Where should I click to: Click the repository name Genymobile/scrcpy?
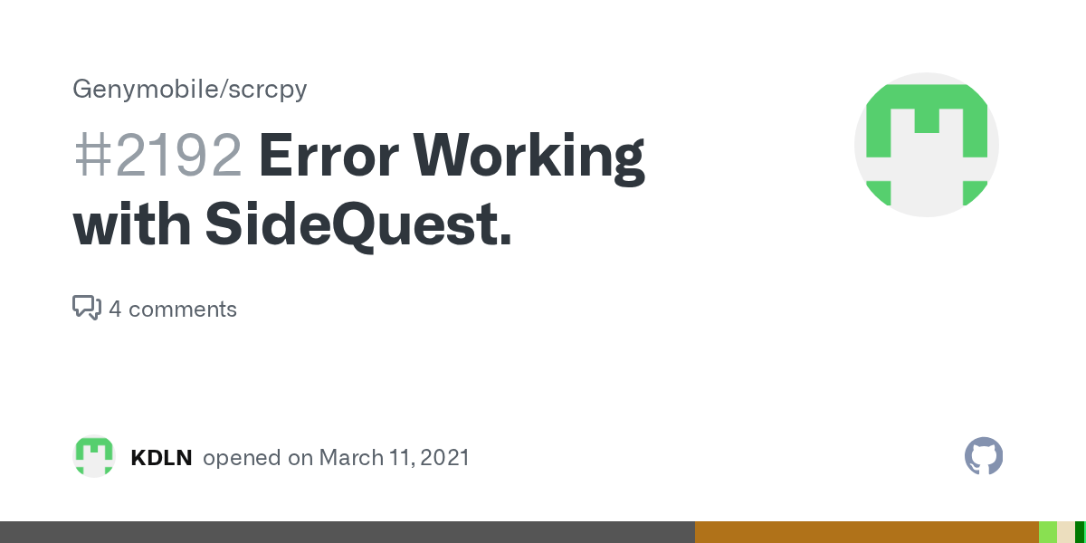point(190,90)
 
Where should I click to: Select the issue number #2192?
point(157,157)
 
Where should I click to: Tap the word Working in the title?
point(529,157)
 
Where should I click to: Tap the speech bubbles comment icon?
point(86,308)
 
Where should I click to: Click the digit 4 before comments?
point(115,310)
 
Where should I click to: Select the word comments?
point(183,310)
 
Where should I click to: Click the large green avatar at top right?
point(926,145)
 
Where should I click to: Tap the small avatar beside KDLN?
point(94,457)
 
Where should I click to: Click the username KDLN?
point(161,458)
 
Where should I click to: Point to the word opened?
point(242,458)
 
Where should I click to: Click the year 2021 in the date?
point(445,458)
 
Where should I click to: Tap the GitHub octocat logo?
point(984,456)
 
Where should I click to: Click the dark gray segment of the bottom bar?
point(348,532)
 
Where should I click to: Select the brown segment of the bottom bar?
point(866,532)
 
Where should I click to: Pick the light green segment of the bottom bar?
point(1047,532)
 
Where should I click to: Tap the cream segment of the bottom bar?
point(1065,532)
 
